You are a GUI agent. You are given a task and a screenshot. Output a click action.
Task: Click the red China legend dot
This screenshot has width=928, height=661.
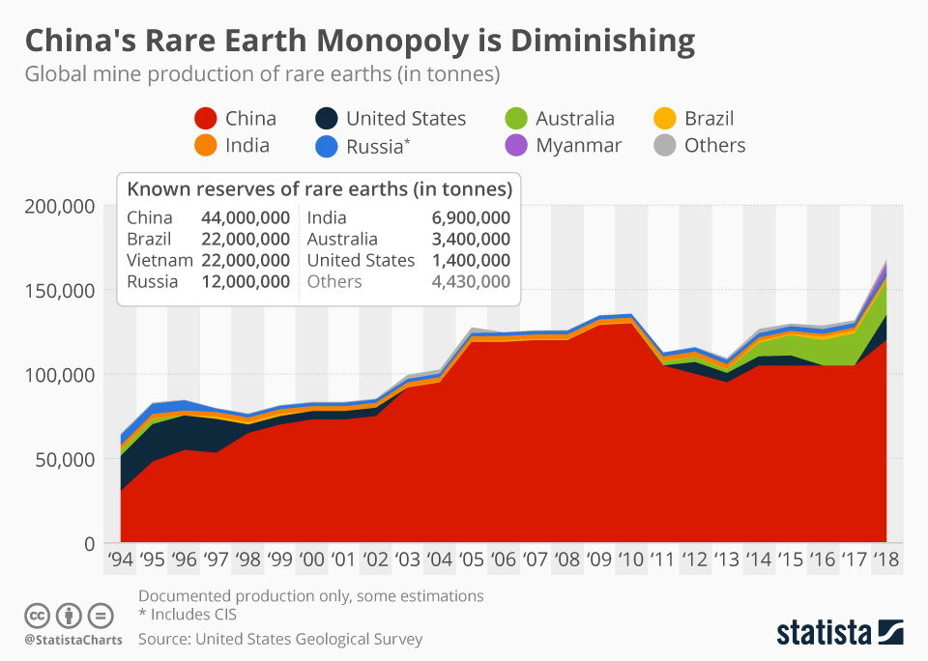tap(205, 119)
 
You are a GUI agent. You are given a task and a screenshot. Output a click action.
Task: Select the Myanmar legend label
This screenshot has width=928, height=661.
tap(578, 146)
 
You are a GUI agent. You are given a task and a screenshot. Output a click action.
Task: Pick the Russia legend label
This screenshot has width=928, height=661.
tap(374, 147)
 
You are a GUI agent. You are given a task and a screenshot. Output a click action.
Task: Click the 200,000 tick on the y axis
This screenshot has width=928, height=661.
tap(60, 206)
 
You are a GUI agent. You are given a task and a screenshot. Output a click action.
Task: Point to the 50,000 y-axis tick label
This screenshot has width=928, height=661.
tap(65, 459)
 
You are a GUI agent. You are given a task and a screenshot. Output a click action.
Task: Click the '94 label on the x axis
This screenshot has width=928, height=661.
tap(120, 560)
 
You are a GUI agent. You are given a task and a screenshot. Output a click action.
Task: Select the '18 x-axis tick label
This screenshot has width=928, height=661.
tap(887, 560)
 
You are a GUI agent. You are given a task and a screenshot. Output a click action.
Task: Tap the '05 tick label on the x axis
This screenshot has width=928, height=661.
tap(471, 560)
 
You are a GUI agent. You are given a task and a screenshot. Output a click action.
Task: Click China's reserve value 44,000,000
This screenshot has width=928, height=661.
tap(246, 217)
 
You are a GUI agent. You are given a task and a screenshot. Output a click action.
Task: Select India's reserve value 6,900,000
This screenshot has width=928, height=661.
tap(471, 217)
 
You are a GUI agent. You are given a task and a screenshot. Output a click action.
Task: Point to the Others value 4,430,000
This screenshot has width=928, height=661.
tap(471, 281)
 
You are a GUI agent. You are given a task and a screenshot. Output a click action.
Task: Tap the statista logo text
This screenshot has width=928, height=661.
tap(823, 633)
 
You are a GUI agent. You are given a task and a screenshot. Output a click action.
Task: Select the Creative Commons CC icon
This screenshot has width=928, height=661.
tap(38, 615)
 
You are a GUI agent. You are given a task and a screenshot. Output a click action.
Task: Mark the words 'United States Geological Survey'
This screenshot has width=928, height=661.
tap(308, 639)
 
